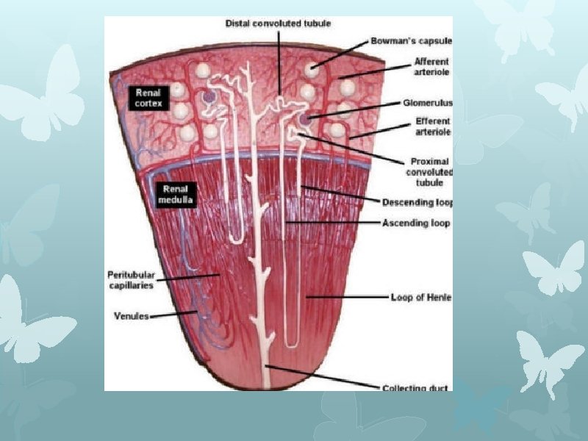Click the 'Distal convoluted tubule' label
(x=277, y=24)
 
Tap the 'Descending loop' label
(x=417, y=201)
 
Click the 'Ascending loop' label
(x=415, y=222)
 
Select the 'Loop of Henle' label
(x=420, y=297)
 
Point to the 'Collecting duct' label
(x=417, y=387)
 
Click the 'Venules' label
(x=132, y=316)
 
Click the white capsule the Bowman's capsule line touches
(x=315, y=68)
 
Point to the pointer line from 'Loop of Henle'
(x=345, y=297)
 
